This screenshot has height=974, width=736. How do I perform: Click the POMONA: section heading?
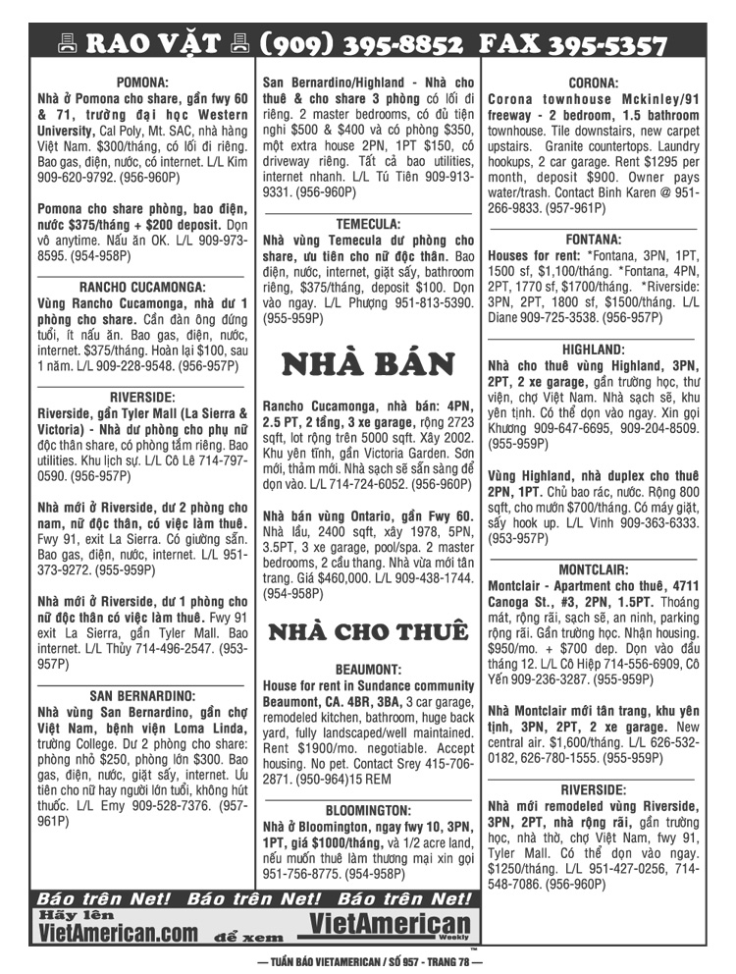coord(142,83)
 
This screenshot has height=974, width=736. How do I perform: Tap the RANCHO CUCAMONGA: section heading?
coord(142,288)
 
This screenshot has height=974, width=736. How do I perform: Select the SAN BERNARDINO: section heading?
coord(142,695)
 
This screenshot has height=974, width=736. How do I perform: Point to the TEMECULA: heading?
coord(368,224)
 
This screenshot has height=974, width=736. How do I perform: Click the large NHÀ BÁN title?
coord(368,364)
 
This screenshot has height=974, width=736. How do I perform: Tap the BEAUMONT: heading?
coord(368,669)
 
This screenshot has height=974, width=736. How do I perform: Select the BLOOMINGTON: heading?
coord(368,811)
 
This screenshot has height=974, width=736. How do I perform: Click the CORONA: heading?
coord(593,83)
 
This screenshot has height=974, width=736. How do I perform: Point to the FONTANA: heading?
coord(593,240)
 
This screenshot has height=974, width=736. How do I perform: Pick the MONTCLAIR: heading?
coord(593,569)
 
